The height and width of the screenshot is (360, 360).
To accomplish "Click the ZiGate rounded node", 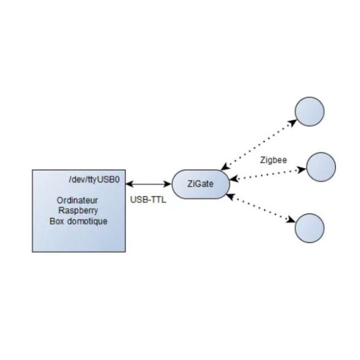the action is (x=201, y=184).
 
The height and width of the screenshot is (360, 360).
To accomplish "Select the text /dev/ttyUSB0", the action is (x=94, y=180).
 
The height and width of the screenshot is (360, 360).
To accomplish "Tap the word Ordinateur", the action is (x=77, y=201).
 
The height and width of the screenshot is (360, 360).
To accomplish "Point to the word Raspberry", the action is (x=78, y=210).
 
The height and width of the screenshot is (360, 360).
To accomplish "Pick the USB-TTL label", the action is (x=148, y=200).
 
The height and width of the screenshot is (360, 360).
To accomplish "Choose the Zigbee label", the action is (x=273, y=160).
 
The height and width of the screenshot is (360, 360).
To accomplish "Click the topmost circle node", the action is (x=310, y=111).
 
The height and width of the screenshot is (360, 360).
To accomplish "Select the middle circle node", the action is (x=321, y=167).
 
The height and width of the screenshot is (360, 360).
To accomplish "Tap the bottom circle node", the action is (x=310, y=228).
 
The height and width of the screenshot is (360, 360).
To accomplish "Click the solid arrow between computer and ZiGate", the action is (x=148, y=184).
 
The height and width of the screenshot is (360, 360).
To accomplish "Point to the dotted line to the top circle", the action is (x=258, y=145).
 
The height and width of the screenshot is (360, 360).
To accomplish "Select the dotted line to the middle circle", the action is (x=268, y=174).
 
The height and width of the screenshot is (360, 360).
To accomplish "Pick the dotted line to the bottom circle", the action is (x=261, y=208).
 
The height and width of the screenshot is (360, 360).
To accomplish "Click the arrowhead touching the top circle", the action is (x=292, y=122).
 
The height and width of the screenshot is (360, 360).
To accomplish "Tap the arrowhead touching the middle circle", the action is (x=302, y=170).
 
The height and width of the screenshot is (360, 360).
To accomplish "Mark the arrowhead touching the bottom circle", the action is (x=291, y=220).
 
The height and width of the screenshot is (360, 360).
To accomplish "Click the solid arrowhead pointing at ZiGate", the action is (x=167, y=184).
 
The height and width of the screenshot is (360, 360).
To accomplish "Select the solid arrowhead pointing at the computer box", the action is (x=130, y=184).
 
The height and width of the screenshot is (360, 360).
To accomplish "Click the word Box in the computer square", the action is (x=57, y=222).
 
